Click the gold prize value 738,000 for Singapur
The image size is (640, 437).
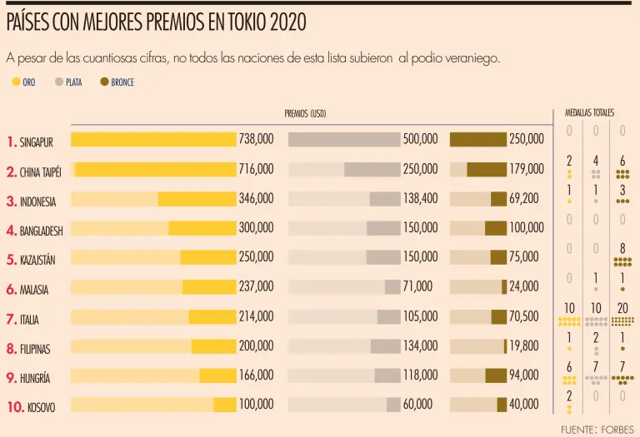[x=256, y=140]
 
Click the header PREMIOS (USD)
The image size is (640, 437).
[x=305, y=114]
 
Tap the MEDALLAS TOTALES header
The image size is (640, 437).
[x=589, y=112]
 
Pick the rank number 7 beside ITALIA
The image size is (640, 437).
[x=11, y=319]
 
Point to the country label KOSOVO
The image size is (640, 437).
[x=41, y=408]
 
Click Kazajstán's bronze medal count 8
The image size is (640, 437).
[x=622, y=248]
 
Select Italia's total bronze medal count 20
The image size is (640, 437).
[x=622, y=308]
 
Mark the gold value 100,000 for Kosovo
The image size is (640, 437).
[x=256, y=405]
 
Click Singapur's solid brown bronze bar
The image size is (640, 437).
[x=478, y=140]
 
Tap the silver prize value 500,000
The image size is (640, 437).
[x=420, y=140]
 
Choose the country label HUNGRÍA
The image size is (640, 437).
[x=34, y=378]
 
